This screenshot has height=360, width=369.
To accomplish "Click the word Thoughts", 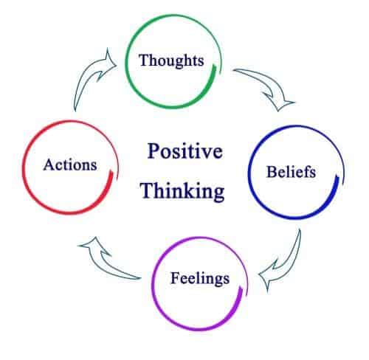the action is pyautogui.click(x=171, y=60).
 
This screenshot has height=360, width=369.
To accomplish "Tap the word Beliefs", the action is pyautogui.click(x=292, y=171).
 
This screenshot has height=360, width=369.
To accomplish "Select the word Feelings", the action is pyautogui.click(x=200, y=279).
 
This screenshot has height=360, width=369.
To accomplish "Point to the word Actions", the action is pyautogui.click(x=70, y=165).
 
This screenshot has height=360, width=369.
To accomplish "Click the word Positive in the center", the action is pyautogui.click(x=185, y=150).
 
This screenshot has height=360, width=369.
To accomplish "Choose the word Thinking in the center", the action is pyautogui.click(x=182, y=191).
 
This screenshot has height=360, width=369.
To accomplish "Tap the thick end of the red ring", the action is pyautogui.click(x=111, y=172).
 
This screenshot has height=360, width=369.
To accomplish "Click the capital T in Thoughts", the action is pyautogui.click(x=144, y=60).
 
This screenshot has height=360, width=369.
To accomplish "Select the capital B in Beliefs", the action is pyautogui.click(x=272, y=172).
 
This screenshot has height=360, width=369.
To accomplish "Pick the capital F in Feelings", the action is pyautogui.click(x=176, y=278).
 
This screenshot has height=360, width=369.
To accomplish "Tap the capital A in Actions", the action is pyautogui.click(x=49, y=165).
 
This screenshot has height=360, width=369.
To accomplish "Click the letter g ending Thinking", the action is pyautogui.click(x=219, y=193).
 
